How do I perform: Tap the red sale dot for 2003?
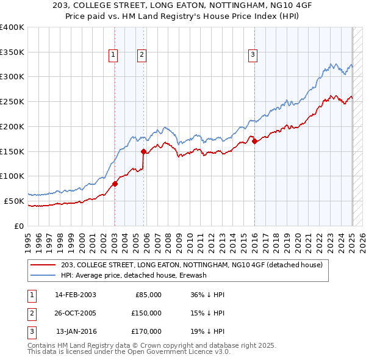coord(115,183)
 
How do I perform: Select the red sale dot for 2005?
coord(144,151)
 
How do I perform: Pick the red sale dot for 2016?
coord(254,141)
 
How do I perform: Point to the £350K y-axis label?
coord(12,52)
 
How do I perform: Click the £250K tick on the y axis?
coord(12,102)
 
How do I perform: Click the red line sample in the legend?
coord(43,265)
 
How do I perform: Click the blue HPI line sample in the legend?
coord(43,275)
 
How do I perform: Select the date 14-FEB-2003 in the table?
coord(76,294)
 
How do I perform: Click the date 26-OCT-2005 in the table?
coord(76,313)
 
